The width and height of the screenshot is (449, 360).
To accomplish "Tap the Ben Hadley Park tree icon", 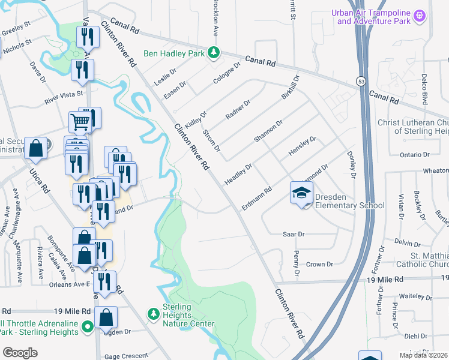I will tap(212, 53).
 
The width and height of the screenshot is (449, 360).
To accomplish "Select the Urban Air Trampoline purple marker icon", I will tap(420, 14).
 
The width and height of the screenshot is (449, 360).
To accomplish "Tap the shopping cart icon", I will tap(80, 122).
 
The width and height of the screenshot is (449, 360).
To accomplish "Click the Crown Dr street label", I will tap(319, 264).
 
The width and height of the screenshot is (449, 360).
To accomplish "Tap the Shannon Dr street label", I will tap(268, 131).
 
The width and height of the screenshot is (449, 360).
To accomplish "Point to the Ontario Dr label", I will tap(415, 155).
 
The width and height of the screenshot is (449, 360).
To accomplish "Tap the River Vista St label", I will tap(64, 98).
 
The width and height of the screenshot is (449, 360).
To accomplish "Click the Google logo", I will tap(20, 352).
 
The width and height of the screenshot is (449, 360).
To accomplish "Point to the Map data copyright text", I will tap(423, 355).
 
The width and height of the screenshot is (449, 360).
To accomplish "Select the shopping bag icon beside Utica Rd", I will tap(36, 149).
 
